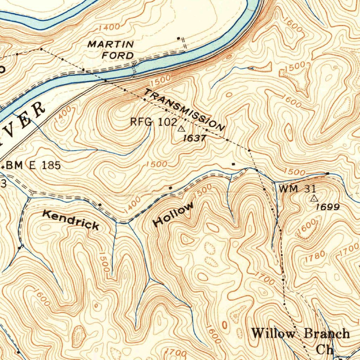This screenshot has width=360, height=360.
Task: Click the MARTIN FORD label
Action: tap(111, 50)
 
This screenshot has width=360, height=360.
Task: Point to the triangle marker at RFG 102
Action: tap(181, 129)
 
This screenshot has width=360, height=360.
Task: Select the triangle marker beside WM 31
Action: tap(314, 199)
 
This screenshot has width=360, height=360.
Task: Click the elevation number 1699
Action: tap(328, 207)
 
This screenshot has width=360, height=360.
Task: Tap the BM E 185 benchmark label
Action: tap(33, 165)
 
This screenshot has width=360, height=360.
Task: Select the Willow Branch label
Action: tap(301, 333)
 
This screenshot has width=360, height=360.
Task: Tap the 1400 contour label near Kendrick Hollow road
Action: tap(133, 205)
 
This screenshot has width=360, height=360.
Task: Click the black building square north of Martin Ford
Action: tap(179, 38)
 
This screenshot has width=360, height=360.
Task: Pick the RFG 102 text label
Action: tap(153, 122)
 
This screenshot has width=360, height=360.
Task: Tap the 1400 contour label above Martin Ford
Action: tap(109, 27)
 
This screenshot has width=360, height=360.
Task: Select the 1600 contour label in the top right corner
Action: tap(292, 25)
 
